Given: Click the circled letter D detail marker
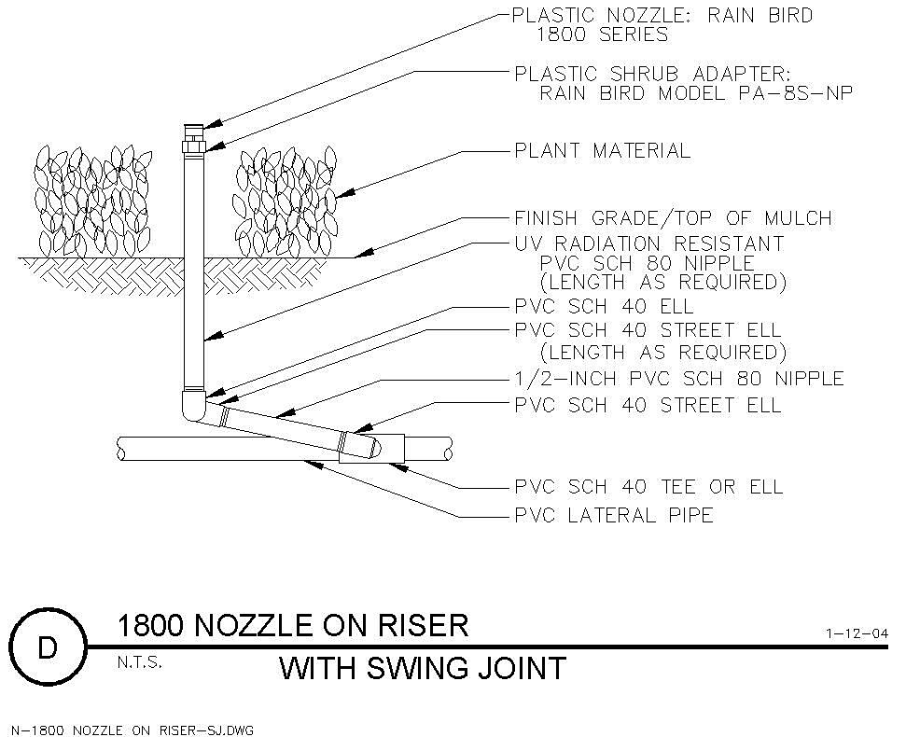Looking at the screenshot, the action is click(48, 647).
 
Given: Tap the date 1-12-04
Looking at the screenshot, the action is click(857, 633).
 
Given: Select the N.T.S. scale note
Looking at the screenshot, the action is click(139, 662).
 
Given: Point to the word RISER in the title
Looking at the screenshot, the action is click(428, 626).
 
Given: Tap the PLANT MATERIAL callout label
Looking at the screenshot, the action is click(602, 151).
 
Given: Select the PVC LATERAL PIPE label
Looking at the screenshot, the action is click(614, 515).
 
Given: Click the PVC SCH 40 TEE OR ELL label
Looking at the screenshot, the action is click(648, 486).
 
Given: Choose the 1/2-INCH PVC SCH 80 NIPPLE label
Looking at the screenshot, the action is click(679, 379).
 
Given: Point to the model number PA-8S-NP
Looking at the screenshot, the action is click(795, 92).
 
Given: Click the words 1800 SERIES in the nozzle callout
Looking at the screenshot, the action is click(603, 35).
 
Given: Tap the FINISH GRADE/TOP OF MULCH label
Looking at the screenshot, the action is click(673, 217).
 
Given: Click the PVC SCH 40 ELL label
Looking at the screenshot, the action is click(604, 306).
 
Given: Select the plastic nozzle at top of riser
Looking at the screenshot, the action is click(193, 132).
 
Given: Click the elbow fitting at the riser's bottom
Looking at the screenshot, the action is click(193, 406).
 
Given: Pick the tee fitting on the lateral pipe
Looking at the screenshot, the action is click(371, 448).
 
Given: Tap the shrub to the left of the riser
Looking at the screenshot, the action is click(92, 201).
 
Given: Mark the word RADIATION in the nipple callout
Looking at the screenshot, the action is click(606, 243).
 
